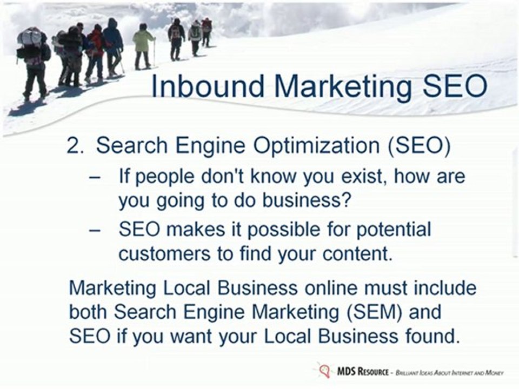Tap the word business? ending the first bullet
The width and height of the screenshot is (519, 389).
coord(305,200)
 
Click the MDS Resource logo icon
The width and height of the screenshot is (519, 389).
coord(324,371)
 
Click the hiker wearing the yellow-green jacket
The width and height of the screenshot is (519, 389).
coord(143,46)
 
